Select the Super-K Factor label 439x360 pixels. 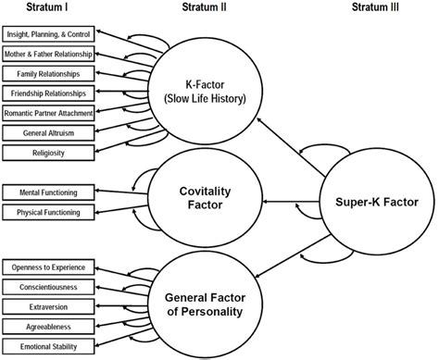[378, 202]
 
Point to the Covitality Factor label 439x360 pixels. [203, 196]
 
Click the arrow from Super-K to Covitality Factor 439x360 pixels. [291, 201]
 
